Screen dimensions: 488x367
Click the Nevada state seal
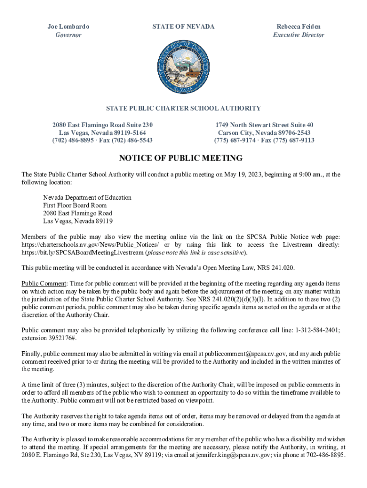tap(183, 67)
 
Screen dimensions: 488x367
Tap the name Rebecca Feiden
tap(298, 27)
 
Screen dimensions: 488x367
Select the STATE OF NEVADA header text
tap(183, 27)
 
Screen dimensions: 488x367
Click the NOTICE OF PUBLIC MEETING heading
tap(181, 158)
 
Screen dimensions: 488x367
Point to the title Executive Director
tap(298, 35)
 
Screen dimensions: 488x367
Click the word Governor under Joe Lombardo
tap(68, 35)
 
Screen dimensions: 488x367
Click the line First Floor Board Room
tap(75, 205)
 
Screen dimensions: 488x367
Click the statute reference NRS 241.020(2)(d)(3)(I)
tap(224, 299)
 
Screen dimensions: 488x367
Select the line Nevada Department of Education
tap(87, 197)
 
